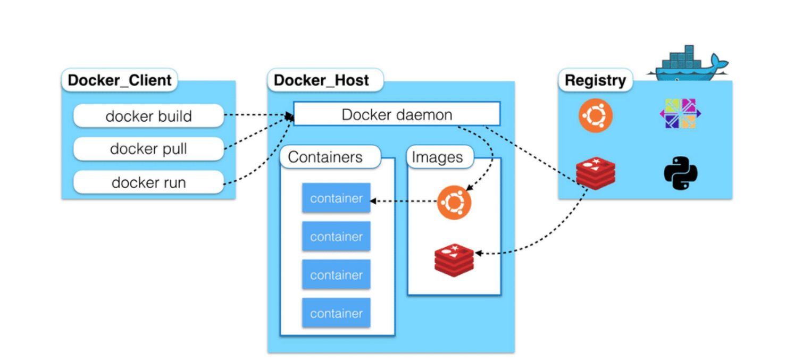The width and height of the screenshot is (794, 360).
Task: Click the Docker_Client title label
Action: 120,80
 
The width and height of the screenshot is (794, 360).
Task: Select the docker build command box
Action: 148,116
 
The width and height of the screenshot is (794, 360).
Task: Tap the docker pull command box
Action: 148,149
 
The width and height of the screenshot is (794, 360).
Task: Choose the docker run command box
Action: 148,182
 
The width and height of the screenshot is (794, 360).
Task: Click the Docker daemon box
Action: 397,114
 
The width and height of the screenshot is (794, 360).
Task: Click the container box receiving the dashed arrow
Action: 336,198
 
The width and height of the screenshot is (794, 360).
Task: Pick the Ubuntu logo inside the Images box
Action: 454,203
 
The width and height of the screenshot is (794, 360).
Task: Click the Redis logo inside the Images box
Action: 454,260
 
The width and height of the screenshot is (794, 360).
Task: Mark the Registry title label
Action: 595,80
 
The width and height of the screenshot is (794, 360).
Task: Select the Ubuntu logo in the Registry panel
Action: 596,115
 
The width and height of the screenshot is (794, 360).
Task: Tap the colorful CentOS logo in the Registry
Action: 680,114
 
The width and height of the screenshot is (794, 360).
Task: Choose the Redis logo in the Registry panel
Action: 596,173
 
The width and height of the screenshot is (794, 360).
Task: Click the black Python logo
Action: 680,173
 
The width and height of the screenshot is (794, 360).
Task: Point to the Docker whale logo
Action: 687,63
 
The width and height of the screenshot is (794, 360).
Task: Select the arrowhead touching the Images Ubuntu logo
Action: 469,188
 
